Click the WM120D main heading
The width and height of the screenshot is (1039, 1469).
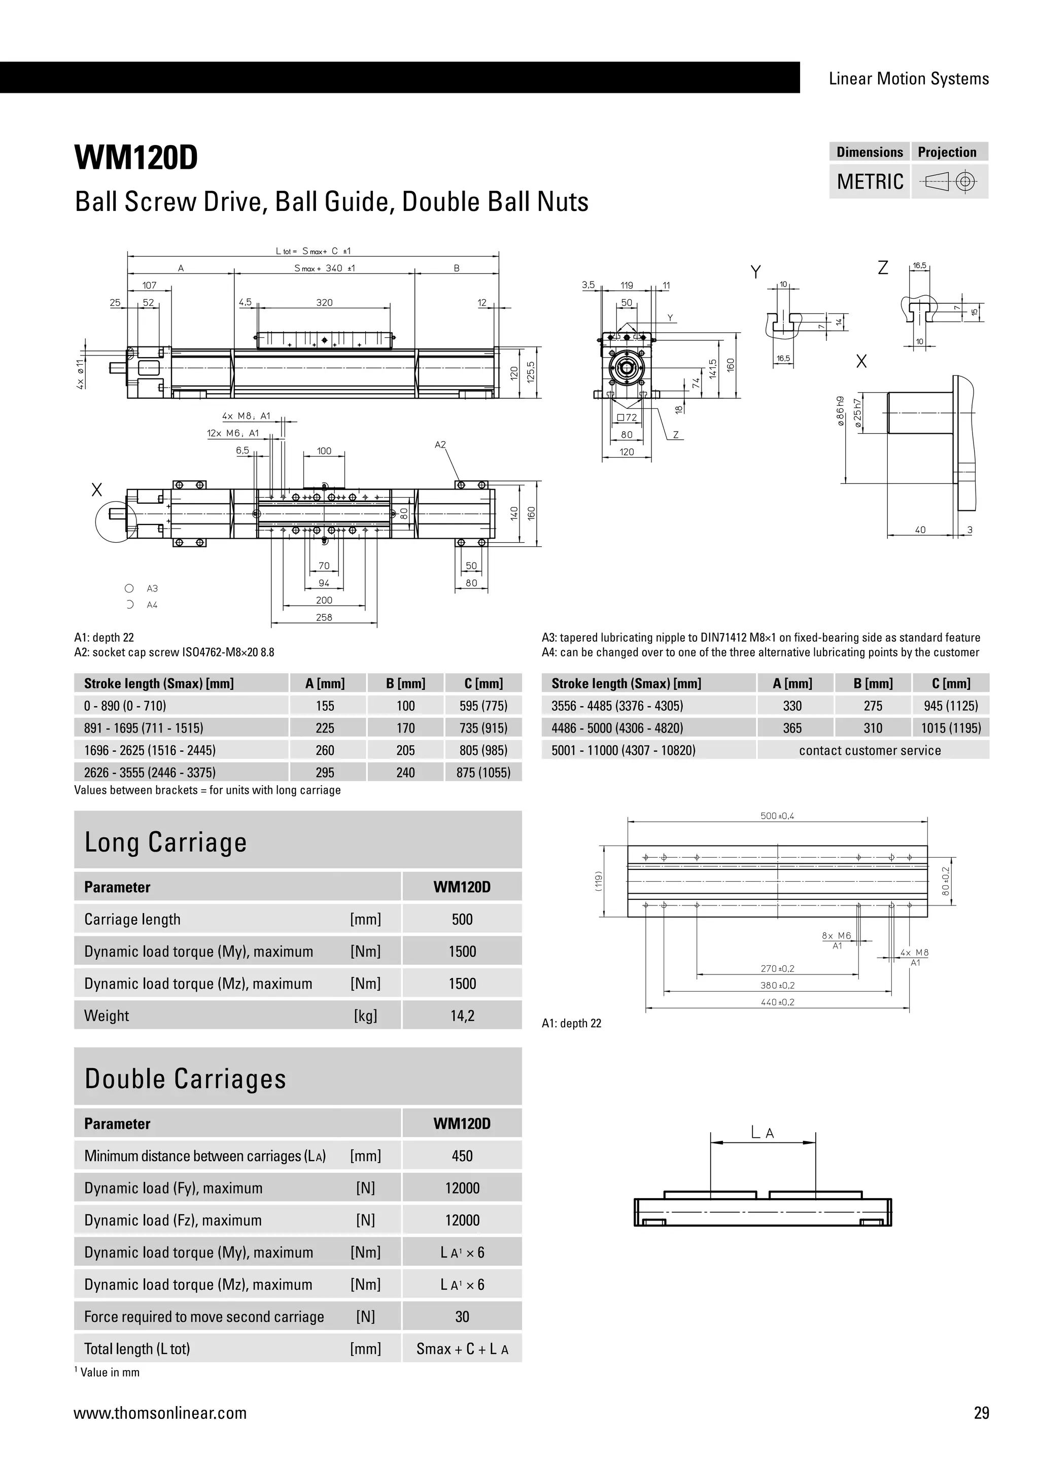(x=136, y=158)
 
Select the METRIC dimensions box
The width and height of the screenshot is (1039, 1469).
(x=870, y=182)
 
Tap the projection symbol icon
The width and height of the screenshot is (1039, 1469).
(x=949, y=182)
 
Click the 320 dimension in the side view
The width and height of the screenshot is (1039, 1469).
(x=324, y=303)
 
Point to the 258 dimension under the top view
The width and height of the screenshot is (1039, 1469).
(x=324, y=617)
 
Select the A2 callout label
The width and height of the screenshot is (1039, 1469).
(x=440, y=445)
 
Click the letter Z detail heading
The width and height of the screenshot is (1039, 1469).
(x=883, y=268)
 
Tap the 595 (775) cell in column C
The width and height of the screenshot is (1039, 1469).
(x=483, y=706)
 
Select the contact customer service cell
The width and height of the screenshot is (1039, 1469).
(x=870, y=751)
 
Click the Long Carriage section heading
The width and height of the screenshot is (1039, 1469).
(x=166, y=842)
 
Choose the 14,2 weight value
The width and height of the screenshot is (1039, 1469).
(x=462, y=1016)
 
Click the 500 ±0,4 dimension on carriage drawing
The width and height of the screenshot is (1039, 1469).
(x=777, y=816)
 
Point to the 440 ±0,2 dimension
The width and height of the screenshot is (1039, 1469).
(x=777, y=1002)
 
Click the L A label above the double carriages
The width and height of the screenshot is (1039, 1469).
(x=762, y=1133)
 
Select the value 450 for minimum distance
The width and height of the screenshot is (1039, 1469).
(x=462, y=1156)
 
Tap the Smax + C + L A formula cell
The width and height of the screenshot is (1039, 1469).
(x=462, y=1349)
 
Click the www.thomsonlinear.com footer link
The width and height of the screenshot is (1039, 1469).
(x=160, y=1413)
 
